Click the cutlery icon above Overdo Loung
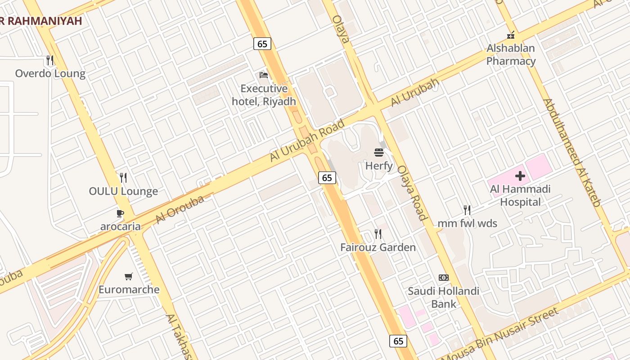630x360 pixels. tap(50, 60)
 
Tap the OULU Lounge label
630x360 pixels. tap(123, 191)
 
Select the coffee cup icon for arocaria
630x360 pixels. tap(120, 213)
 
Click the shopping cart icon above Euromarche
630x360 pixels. tap(129, 276)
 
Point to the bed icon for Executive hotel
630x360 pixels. tap(264, 75)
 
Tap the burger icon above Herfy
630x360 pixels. tap(379, 152)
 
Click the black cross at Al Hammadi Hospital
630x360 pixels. tap(520, 175)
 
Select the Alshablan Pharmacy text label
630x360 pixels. tap(511, 54)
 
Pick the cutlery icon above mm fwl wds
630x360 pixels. tap(467, 210)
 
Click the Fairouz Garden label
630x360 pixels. tap(378, 247)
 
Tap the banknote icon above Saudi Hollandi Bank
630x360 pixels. tap(444, 278)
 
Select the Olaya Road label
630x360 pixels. tap(411, 192)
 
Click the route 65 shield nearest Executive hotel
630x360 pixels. tap(262, 44)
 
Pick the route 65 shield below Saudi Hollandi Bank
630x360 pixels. tap(398, 341)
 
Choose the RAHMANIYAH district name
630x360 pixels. tap(43, 21)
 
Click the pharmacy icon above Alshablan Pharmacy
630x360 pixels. tap(511, 35)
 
